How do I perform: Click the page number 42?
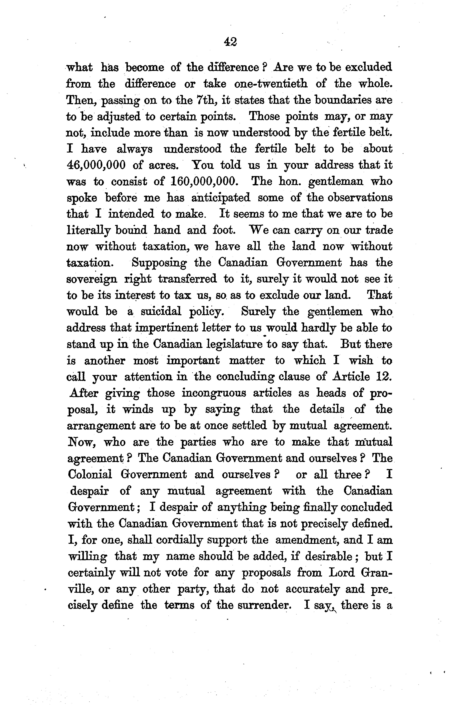[x=230, y=42]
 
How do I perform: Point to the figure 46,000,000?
[x=96, y=165]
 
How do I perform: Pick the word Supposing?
[x=159, y=263]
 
